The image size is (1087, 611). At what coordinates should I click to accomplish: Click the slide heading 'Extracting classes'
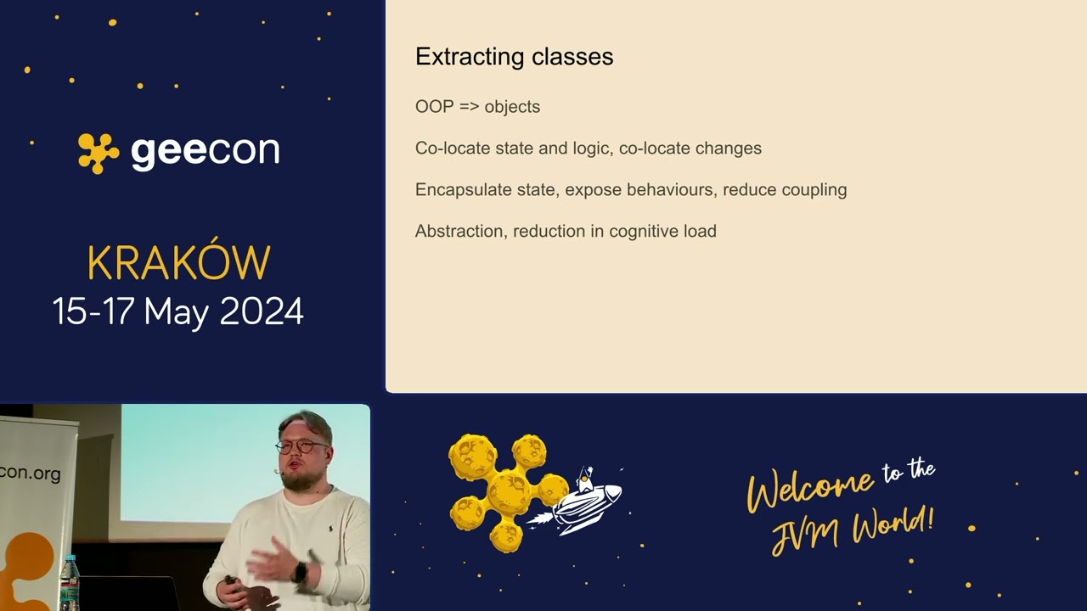(x=514, y=57)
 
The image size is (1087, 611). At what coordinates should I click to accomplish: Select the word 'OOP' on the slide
(x=434, y=107)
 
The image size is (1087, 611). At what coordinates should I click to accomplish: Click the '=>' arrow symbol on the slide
(x=469, y=107)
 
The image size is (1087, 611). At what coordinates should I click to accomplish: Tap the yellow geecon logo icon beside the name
(x=99, y=153)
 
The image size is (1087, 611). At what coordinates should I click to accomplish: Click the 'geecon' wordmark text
(x=205, y=152)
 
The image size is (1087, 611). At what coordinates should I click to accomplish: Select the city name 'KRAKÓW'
(x=178, y=264)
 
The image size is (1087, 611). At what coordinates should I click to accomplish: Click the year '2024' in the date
(x=262, y=311)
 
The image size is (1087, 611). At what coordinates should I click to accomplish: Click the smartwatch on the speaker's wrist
(x=299, y=572)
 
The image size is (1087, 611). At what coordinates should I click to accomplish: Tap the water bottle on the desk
(x=70, y=584)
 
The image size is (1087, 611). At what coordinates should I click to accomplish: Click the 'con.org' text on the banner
(x=31, y=473)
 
